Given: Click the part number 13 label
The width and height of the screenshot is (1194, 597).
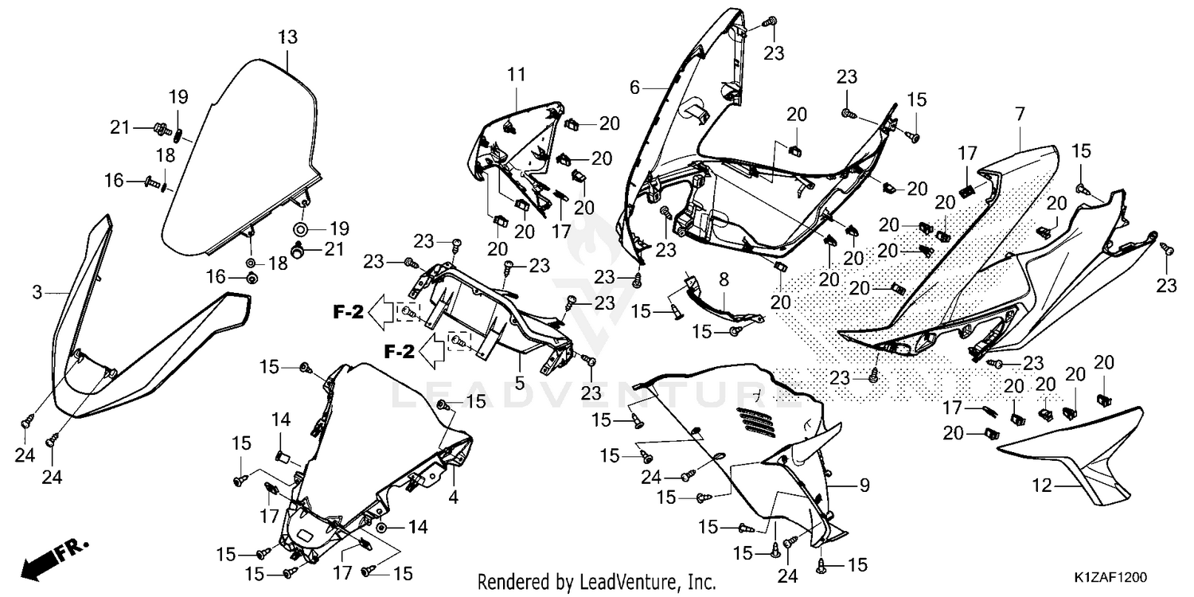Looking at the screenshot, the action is point(288,37).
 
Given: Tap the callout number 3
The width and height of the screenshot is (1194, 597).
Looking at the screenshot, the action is point(37,292).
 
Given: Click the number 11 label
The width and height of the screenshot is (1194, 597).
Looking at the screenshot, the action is point(516,75).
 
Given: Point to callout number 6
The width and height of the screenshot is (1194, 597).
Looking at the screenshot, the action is point(634,87).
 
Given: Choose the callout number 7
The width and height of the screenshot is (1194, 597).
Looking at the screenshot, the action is point(1020,114).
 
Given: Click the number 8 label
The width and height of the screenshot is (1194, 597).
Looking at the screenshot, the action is point(724,279).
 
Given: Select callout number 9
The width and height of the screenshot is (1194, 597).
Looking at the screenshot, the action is point(864,485).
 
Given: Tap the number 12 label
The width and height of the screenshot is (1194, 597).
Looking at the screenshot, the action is point(1042,486).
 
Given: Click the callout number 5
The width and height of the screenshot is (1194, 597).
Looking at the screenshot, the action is point(520,383).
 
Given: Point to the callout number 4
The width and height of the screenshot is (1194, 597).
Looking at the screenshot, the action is point(453,497).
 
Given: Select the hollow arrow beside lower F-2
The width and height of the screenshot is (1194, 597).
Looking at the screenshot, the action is point(431,351).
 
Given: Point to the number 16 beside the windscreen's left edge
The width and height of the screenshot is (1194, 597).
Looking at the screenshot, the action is point(114,181).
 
